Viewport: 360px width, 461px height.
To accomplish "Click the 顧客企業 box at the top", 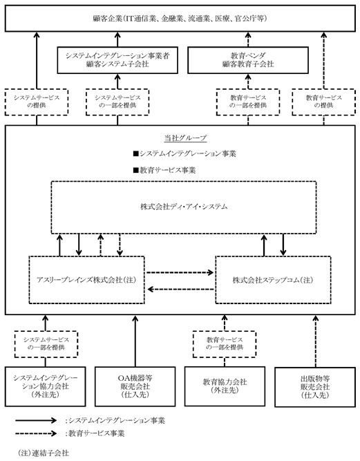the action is coord(180,18).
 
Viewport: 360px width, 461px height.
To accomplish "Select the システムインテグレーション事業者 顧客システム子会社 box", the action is coord(117,60).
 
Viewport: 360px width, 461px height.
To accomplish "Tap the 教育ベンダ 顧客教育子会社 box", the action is coord(248,60).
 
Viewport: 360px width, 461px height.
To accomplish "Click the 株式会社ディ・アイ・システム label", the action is coord(184,207).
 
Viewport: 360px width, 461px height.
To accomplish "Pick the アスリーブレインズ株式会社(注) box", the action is coord(86,280).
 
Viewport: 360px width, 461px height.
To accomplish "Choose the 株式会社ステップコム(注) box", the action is coord(274,280).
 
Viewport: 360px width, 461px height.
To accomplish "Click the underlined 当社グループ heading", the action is coord(185,138).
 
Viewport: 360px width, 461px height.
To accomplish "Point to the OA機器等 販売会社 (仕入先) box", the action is coord(135,386).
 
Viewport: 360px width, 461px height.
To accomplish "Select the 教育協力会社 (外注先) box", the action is coord(225,386).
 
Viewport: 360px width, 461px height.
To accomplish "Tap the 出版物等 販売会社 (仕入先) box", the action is coord(315,387).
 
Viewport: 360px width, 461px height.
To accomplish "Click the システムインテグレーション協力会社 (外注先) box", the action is coord(45,386).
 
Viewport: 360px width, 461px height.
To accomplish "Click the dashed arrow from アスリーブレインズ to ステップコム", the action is coord(180,272).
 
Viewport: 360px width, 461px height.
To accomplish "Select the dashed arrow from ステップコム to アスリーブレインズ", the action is coord(180,290).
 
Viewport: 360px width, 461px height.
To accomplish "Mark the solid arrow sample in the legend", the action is coord(36,420).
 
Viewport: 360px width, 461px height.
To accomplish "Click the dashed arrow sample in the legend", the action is coord(36,433).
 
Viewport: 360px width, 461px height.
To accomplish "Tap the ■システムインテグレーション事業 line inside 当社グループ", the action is coord(184,153).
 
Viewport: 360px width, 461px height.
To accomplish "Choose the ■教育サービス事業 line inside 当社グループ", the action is coord(164,170).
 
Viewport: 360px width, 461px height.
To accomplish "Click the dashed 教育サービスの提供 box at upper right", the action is coord(323,102).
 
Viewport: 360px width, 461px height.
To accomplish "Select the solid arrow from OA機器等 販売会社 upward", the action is coord(135,341).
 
